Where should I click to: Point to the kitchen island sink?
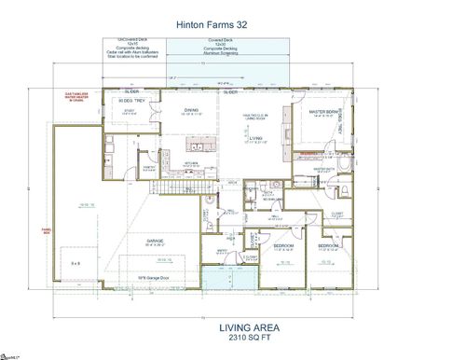point(199,145)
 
